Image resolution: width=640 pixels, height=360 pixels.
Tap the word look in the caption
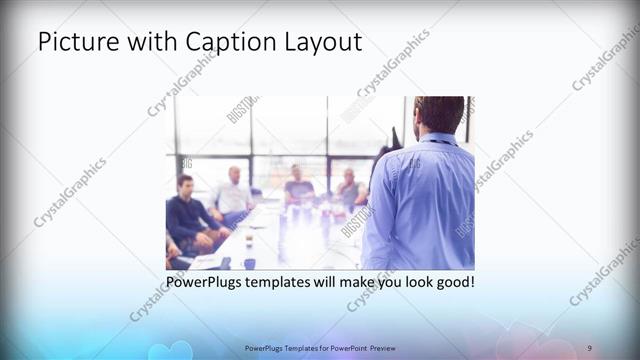[x=410, y=283]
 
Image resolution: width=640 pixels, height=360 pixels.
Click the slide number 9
[x=589, y=346]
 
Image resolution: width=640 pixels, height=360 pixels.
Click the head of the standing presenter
[x=438, y=113]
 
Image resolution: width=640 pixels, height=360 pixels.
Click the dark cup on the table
[x=249, y=263]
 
